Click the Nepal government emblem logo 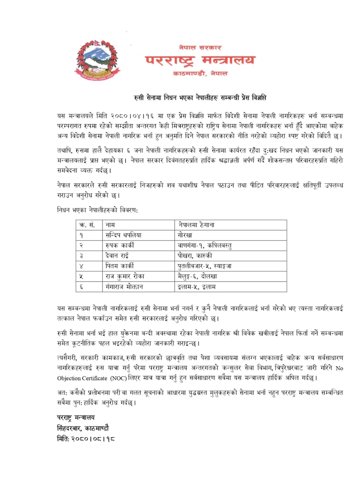point(97,60)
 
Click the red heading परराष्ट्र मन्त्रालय point(200,60)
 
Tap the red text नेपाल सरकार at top point(200,48)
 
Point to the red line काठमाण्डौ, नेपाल point(200,73)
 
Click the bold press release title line point(200,97)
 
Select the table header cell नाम point(110,225)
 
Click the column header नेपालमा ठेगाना point(196,225)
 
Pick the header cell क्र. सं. point(87,225)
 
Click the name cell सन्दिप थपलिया point(123,235)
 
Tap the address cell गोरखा point(185,235)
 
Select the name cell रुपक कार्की point(120,245)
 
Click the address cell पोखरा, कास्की point(195,255)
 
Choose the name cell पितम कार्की point(120,266)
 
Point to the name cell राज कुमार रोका point(125,276)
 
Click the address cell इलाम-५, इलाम point(197,287)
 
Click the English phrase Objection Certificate point(82,378)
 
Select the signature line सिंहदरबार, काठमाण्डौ point(83,428)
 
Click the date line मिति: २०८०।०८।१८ point(86,439)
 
